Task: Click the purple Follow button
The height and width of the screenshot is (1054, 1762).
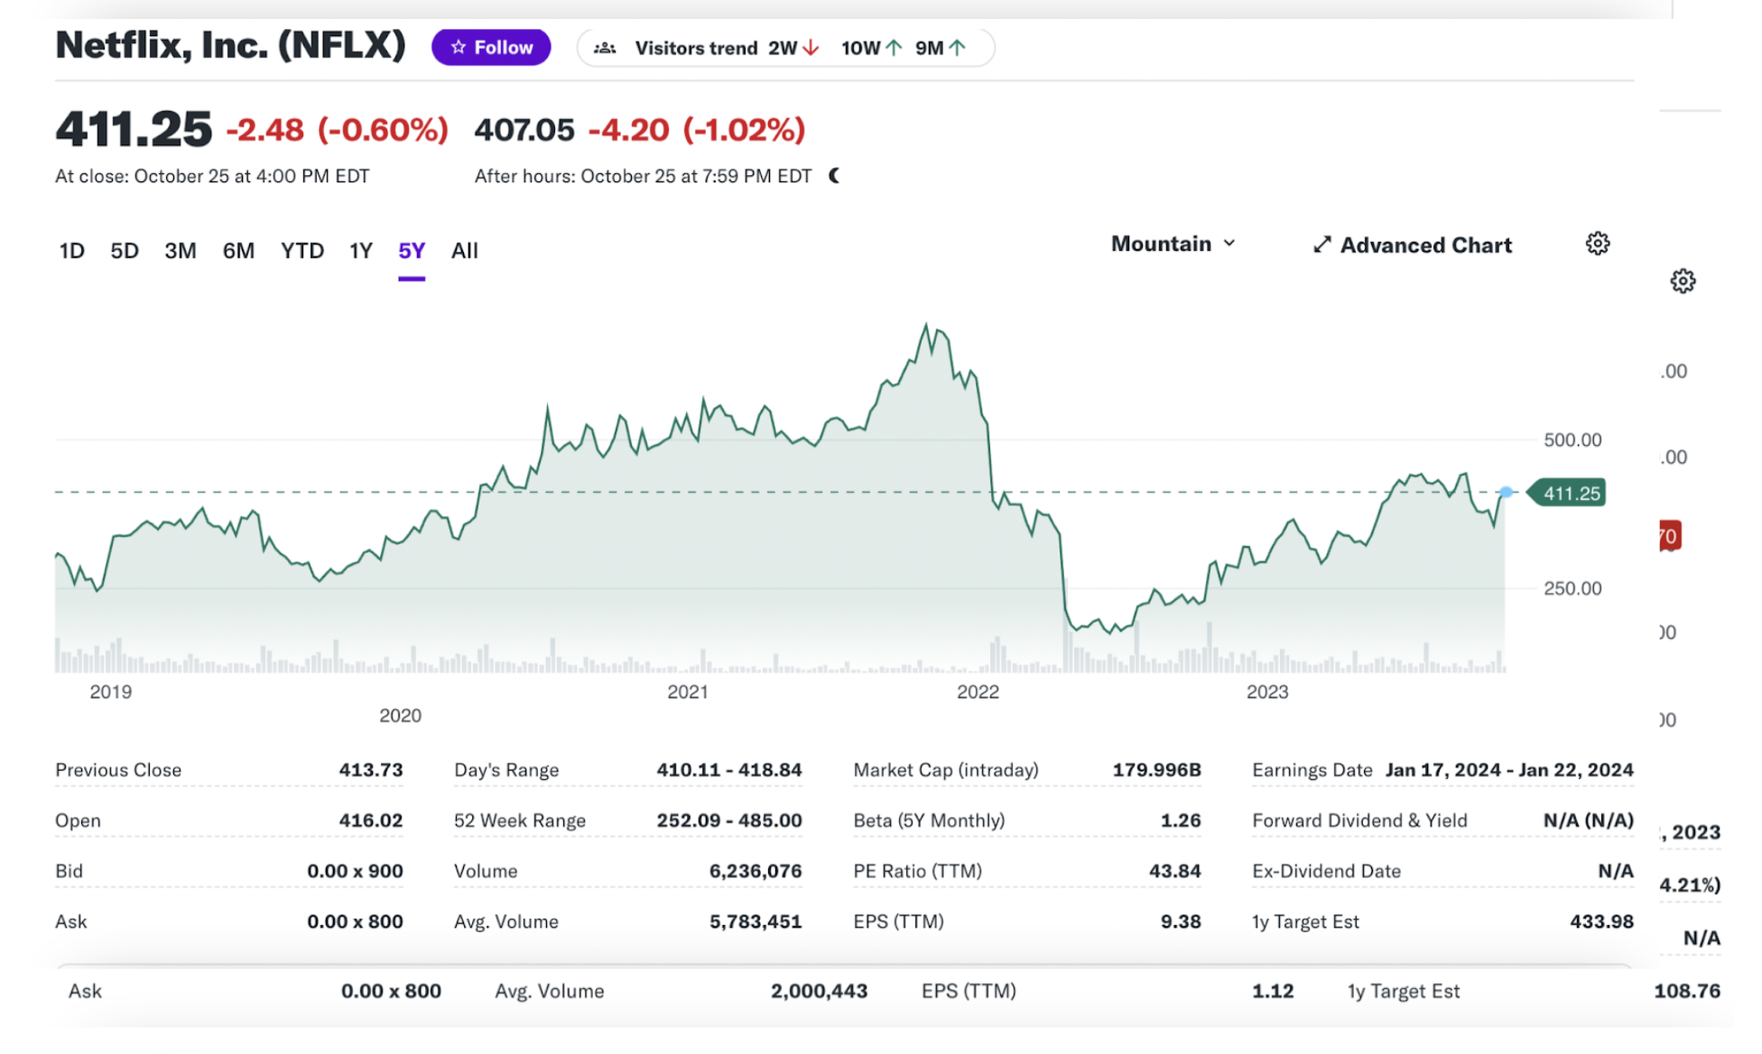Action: (x=491, y=48)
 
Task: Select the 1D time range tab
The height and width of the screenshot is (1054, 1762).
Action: (x=71, y=251)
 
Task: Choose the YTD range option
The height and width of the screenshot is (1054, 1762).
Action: (x=301, y=251)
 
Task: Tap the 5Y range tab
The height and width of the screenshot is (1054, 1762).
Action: (x=412, y=251)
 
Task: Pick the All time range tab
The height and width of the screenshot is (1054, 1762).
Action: (x=464, y=251)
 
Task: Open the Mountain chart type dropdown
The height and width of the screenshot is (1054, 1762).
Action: (x=1173, y=245)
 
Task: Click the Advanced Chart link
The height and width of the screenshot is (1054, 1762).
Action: (x=1413, y=245)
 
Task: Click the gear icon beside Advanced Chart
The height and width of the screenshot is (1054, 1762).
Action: (x=1597, y=244)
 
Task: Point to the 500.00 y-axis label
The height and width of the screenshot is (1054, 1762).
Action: (x=1572, y=440)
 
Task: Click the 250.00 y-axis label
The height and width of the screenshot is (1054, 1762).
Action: (x=1572, y=588)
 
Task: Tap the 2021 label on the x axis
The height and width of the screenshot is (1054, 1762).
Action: (x=687, y=692)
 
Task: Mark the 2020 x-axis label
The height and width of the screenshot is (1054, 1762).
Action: (x=400, y=716)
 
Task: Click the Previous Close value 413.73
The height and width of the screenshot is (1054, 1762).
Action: (x=370, y=770)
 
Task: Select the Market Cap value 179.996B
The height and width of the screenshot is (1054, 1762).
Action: (x=1155, y=770)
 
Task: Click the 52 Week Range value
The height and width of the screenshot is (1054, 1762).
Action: (x=728, y=820)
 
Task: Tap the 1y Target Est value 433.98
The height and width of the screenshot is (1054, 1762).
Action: (x=1600, y=921)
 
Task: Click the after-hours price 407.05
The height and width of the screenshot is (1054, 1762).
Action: (x=524, y=130)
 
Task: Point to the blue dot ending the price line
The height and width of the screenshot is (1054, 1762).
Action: (x=1506, y=492)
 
